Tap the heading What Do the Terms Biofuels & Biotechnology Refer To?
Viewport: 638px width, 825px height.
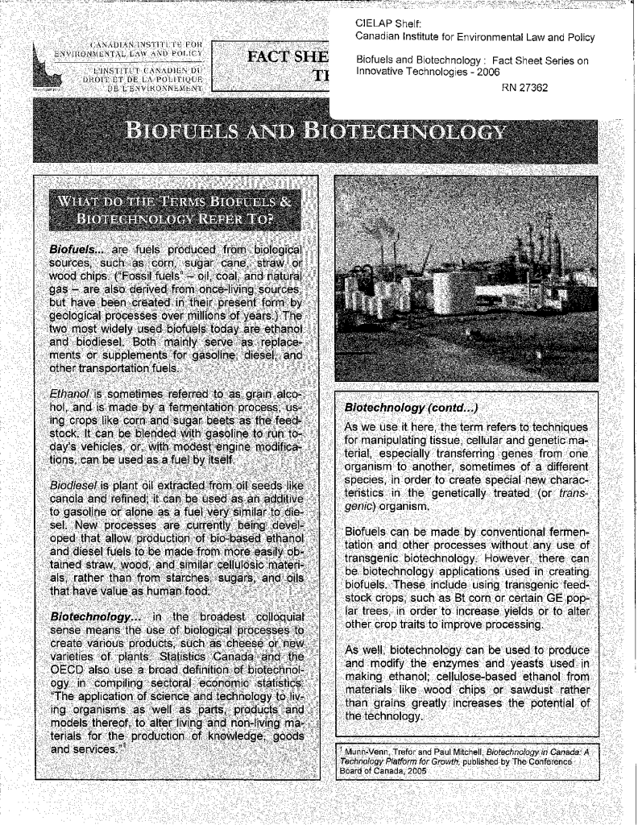[170, 211]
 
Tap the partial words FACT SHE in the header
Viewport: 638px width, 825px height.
[281, 60]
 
